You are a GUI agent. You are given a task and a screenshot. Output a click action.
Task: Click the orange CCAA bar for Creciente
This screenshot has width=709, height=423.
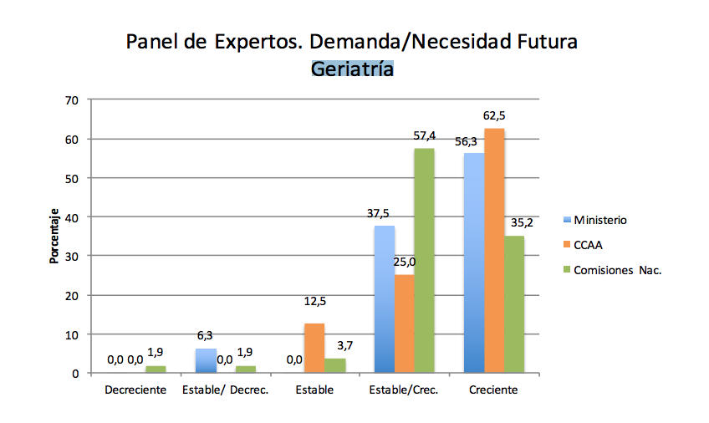click(494, 251)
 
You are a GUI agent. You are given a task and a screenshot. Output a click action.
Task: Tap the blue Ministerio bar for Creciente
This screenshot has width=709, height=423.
click(473, 262)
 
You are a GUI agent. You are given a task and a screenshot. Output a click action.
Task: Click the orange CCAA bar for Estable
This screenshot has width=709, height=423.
click(314, 348)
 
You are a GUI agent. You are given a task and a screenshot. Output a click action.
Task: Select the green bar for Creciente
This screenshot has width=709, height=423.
click(515, 304)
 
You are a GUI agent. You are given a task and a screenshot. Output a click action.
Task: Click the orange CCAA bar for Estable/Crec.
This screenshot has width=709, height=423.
click(404, 324)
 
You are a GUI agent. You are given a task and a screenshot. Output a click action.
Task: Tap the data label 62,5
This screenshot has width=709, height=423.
click(494, 116)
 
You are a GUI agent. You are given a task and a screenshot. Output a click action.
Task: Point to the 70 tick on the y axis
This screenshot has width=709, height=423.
click(72, 100)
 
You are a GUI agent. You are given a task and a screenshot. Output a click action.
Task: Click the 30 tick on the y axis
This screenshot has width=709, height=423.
click(72, 257)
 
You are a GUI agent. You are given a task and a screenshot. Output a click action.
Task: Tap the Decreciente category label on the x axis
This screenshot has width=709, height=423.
click(135, 390)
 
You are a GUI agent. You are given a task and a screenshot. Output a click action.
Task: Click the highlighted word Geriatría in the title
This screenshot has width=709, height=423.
click(352, 69)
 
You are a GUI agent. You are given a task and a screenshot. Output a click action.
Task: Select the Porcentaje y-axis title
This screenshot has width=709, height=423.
click(54, 236)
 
